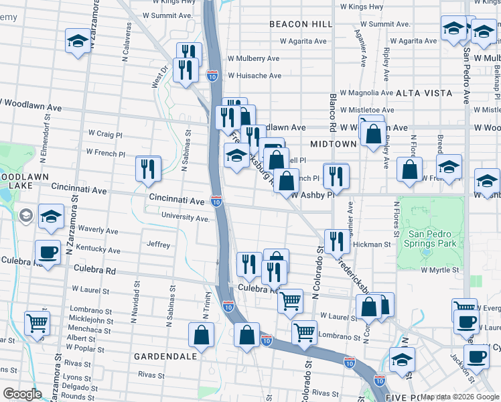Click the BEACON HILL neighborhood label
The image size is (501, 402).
tap(300, 24)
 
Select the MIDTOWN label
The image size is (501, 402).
tap(333, 144)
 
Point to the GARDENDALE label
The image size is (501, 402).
tap(165, 356)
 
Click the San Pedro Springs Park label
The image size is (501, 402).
tap(435, 239)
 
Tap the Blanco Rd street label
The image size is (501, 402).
tap(332, 111)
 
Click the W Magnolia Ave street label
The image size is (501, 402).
tap(366, 93)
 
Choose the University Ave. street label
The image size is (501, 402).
tap(186, 218)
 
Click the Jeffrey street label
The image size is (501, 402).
tap(159, 245)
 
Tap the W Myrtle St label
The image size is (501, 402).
tap(442, 269)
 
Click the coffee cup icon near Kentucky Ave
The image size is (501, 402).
tap(47, 252)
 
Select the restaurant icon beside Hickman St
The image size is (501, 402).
tap(336, 241)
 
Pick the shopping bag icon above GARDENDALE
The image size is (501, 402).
tap(201, 335)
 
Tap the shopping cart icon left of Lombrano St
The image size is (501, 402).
tap(38, 322)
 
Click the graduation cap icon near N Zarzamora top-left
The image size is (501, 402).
tap(78, 41)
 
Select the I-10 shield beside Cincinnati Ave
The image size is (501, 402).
tap(216, 200)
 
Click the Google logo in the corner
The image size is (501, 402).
tap(22, 394)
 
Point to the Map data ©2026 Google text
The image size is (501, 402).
tap(459, 397)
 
